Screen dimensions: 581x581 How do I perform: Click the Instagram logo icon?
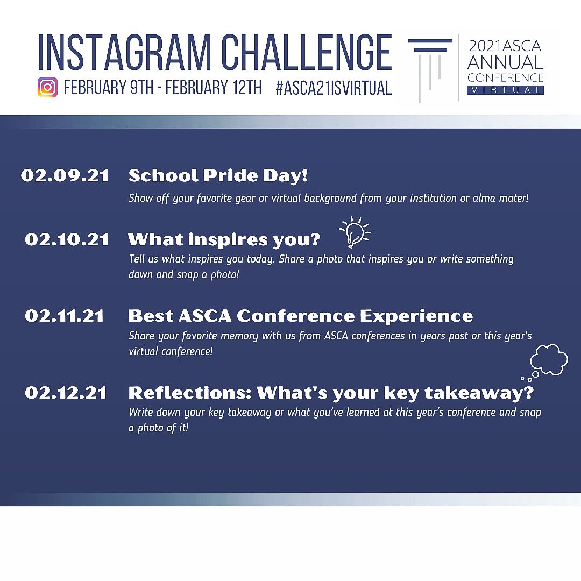point(47,87)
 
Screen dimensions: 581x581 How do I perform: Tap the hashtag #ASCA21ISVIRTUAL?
point(333,88)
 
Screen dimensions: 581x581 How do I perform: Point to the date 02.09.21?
point(65,176)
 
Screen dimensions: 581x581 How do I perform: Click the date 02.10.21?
point(67,239)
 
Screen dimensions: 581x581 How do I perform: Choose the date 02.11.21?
point(65,316)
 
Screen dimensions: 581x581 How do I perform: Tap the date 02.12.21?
point(66,393)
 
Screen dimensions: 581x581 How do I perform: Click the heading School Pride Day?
point(218,176)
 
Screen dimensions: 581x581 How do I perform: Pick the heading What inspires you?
point(224,239)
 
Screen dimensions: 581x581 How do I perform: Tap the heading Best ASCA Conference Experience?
point(300,316)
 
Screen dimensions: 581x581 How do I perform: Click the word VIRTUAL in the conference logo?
point(505,90)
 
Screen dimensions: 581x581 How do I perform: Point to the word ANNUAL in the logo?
point(505,62)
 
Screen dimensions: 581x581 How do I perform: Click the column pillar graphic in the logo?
point(430,67)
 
